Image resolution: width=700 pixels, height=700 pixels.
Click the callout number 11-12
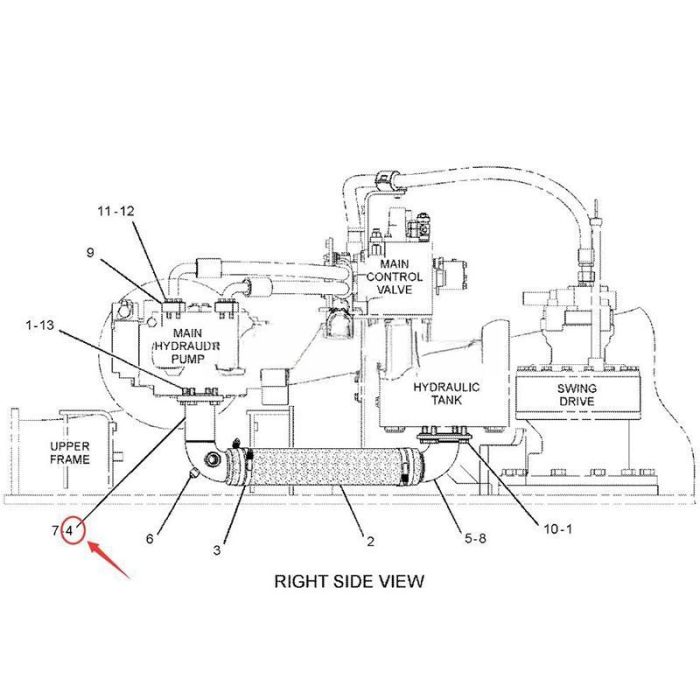(x=116, y=211)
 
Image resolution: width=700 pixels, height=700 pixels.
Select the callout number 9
(x=91, y=253)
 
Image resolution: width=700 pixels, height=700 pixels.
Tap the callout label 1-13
(x=40, y=325)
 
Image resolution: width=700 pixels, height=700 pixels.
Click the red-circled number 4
(x=69, y=531)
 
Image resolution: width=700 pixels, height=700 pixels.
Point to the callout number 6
(x=150, y=539)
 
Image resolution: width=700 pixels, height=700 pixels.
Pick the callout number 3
(x=217, y=550)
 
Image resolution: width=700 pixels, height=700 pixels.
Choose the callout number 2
(x=370, y=542)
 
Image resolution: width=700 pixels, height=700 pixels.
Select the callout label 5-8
(x=475, y=538)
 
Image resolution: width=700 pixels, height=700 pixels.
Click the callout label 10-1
(x=558, y=529)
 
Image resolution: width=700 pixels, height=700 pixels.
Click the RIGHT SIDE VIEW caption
(x=349, y=581)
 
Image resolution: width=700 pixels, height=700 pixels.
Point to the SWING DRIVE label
(x=576, y=395)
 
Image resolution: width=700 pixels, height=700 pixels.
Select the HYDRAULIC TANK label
(x=446, y=393)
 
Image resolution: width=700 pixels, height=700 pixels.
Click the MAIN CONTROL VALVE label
(x=394, y=277)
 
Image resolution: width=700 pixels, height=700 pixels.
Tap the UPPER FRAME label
(x=70, y=453)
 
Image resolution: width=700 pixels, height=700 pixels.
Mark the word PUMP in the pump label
(x=188, y=358)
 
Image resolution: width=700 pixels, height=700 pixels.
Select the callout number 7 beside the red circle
(x=55, y=531)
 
